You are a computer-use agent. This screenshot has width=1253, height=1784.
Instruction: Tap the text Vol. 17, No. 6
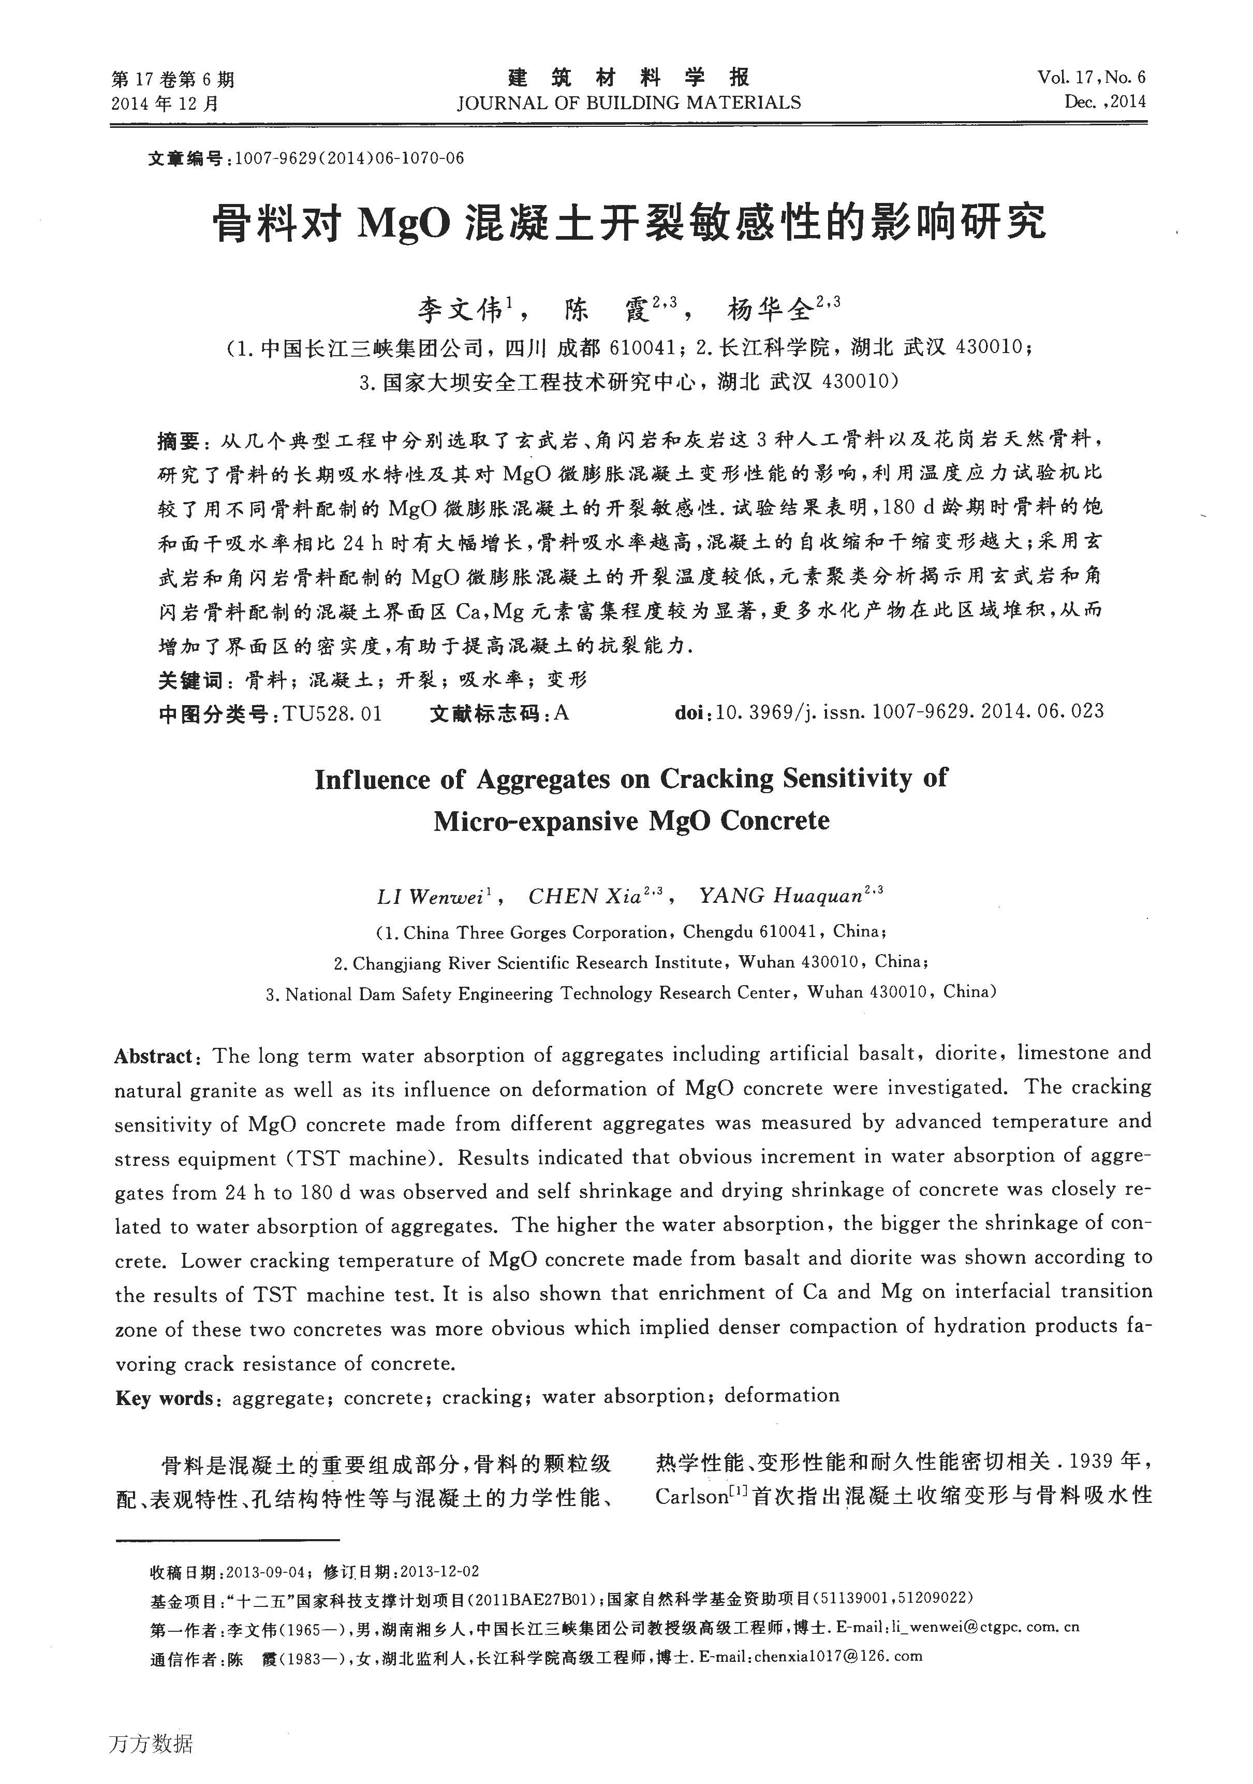1090,77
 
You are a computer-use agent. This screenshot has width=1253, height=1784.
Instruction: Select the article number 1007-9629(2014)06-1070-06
349,158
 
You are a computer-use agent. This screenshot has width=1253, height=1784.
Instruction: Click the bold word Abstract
153,1056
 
